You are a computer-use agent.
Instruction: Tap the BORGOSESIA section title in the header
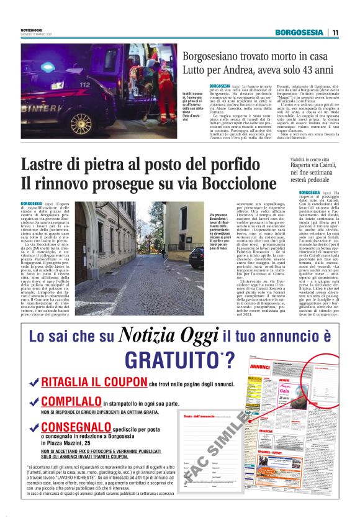pos(300,32)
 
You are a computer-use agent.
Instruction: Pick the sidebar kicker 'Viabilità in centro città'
pos(298,161)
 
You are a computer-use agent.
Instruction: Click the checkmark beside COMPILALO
pos(34,401)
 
